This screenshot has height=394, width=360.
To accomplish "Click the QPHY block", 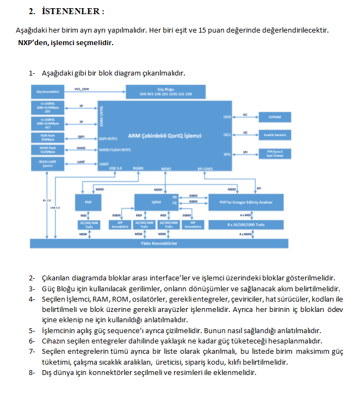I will [156, 202].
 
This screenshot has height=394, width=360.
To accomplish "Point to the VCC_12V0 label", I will [82, 88].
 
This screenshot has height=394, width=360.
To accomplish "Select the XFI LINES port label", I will [205, 169].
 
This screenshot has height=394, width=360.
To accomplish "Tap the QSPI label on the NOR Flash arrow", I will [81, 136].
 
